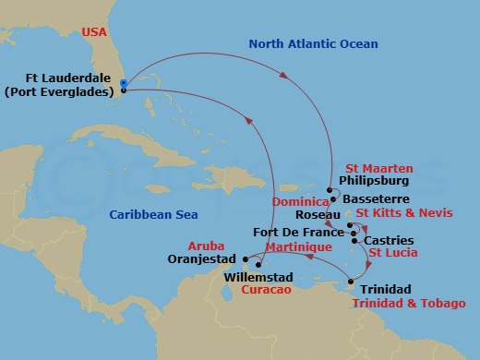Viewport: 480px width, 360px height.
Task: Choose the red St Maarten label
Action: (378, 170)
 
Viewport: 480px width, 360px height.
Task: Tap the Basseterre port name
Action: (374, 198)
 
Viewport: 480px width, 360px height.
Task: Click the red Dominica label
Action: (300, 201)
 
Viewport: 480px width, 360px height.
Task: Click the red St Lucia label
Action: (392, 253)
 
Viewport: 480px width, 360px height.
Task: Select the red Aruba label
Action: (206, 246)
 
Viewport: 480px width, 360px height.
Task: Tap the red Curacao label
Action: (268, 289)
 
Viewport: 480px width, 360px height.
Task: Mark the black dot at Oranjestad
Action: (244, 259)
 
